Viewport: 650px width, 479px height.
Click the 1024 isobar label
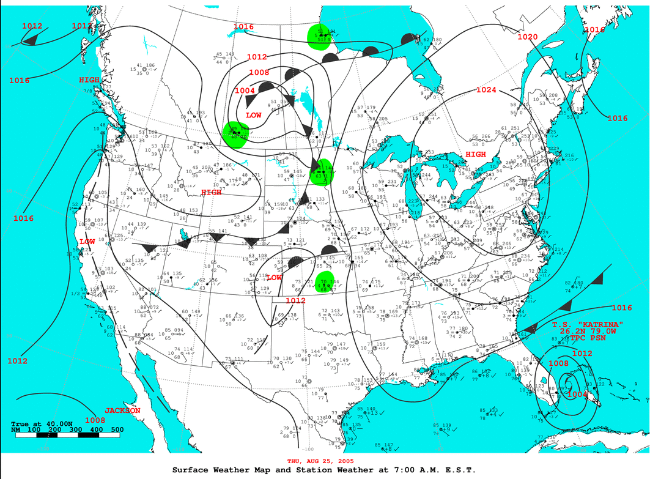pyautogui.click(x=486, y=91)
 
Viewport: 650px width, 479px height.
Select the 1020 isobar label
pyautogui.click(x=527, y=37)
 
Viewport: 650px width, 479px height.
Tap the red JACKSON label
pyautogui.click(x=123, y=410)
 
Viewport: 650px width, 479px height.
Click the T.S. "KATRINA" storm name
pyautogui.click(x=588, y=324)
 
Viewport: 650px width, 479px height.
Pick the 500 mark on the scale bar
pyautogui.click(x=116, y=430)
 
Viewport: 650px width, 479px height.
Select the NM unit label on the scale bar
pyautogui.click(x=16, y=430)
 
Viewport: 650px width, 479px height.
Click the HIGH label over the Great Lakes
pyautogui.click(x=476, y=154)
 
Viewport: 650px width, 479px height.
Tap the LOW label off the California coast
pyautogui.click(x=87, y=242)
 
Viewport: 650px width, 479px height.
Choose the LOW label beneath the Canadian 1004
pyautogui.click(x=254, y=115)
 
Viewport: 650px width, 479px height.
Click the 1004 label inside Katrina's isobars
pyautogui.click(x=578, y=395)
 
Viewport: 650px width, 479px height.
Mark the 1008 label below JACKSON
pyautogui.click(x=95, y=420)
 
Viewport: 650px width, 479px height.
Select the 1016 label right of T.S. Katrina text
pyautogui.click(x=622, y=308)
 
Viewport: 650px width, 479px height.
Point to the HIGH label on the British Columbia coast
pyautogui.click(x=89, y=80)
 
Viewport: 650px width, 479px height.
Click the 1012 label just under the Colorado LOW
pyautogui.click(x=295, y=300)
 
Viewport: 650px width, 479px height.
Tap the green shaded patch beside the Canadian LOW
pyautogui.click(x=235, y=135)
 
